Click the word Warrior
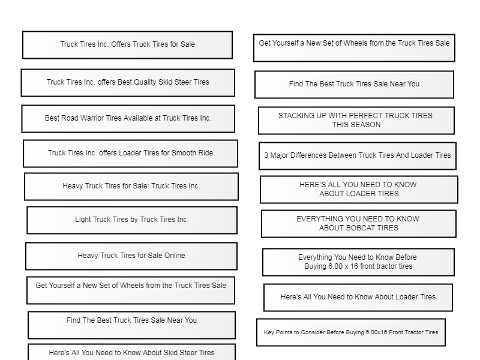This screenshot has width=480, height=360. (92, 118)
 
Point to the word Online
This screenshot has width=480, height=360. (174, 256)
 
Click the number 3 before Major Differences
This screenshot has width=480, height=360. (266, 155)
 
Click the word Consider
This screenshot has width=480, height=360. (311, 332)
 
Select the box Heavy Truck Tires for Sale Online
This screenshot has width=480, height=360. (131, 257)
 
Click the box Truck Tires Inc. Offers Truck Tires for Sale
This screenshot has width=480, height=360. (127, 45)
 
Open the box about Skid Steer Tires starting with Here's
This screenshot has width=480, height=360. (131, 352)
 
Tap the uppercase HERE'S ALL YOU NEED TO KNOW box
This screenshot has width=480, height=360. (359, 190)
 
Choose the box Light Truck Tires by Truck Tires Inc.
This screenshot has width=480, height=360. (132, 220)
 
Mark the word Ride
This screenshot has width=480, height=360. (206, 153)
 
